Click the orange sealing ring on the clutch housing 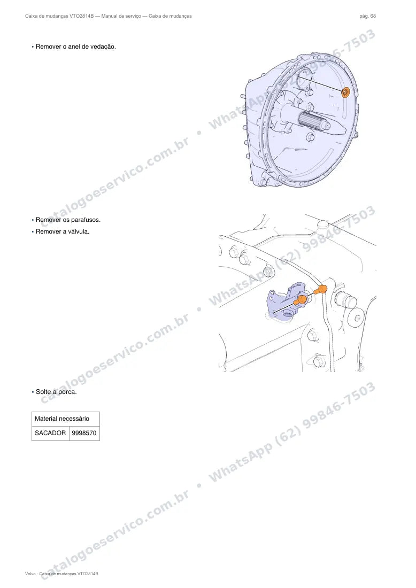[345, 92]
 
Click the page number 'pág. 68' [368, 16]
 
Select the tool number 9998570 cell [84, 433]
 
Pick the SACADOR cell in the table [50, 433]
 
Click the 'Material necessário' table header [62, 419]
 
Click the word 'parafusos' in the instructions [86, 220]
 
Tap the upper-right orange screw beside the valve [321, 290]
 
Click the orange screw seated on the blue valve [301, 300]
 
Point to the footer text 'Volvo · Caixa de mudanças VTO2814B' [61, 574]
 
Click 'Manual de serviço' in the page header [121, 16]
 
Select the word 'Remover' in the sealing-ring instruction [48, 47]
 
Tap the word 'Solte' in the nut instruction [43, 392]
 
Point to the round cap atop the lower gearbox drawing [325, 225]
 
